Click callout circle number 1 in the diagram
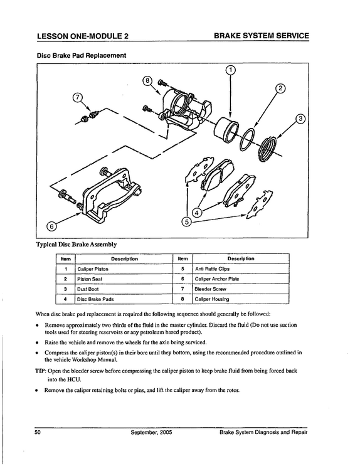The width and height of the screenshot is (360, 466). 230,70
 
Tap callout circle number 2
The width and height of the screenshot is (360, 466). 280,88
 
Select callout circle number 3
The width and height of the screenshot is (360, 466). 300,119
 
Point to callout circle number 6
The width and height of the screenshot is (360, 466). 51,226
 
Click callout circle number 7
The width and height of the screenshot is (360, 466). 77,97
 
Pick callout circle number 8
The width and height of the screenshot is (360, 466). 147,80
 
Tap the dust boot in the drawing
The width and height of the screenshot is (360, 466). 267,149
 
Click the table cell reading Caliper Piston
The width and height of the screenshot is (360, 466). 124,269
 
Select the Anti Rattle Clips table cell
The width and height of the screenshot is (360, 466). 241,269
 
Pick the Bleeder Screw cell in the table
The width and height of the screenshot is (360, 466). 241,289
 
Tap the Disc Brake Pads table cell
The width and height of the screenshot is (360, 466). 124,299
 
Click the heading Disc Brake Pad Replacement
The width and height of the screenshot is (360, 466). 81,56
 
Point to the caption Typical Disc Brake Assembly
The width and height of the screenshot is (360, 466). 76,245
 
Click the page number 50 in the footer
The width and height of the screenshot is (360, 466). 38,432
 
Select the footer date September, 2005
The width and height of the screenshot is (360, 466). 151,432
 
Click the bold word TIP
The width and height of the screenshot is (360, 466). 40,371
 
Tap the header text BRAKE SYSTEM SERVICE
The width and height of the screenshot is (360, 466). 262,36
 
